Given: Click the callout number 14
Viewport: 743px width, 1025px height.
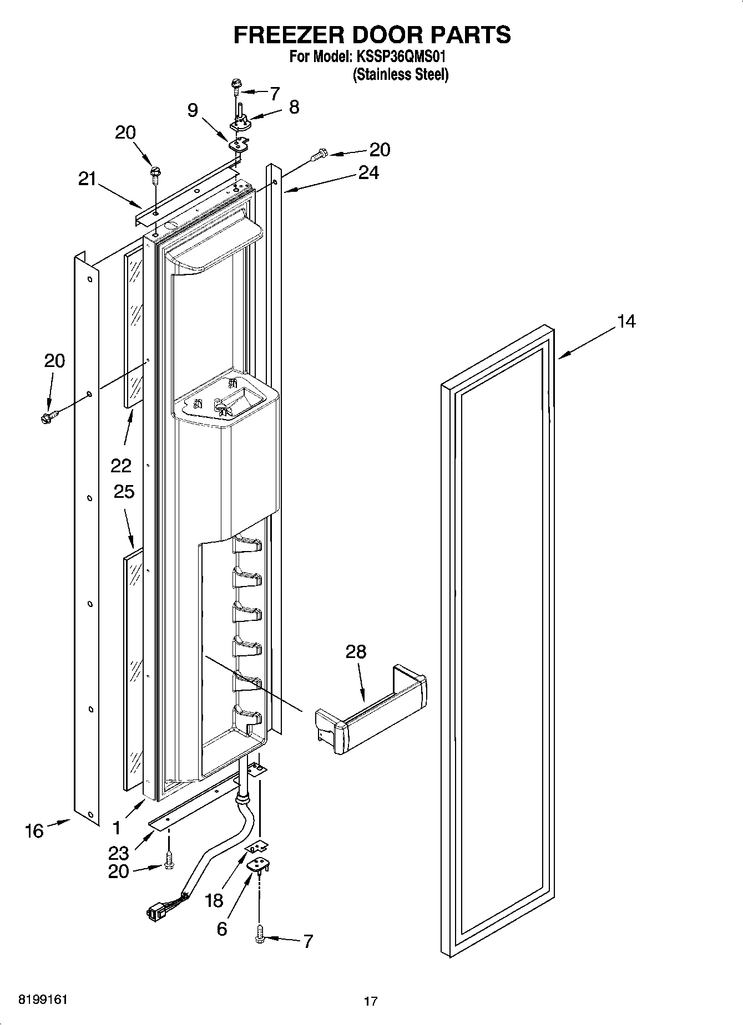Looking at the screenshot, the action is click(x=626, y=322).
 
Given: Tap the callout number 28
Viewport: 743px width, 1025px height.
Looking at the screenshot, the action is click(x=356, y=652).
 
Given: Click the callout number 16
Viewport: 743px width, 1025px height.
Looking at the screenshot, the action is click(x=34, y=830).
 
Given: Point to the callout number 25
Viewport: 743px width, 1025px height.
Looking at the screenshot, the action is click(x=124, y=492).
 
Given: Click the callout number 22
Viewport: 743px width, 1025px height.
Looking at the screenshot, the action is click(x=121, y=465).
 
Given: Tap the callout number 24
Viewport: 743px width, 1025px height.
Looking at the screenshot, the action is click(x=368, y=173).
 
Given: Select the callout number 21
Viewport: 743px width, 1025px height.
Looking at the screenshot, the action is click(x=87, y=179).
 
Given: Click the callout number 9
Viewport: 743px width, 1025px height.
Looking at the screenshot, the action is click(x=192, y=110).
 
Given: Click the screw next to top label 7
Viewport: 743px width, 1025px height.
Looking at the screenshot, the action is click(x=237, y=85).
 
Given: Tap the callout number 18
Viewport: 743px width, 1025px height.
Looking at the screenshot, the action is click(x=214, y=900).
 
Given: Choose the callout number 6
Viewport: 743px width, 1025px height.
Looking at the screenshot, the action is click(x=221, y=929).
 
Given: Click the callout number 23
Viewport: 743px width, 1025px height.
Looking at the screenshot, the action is click(x=119, y=853).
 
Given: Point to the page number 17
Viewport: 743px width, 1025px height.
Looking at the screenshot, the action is click(x=371, y=1002).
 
